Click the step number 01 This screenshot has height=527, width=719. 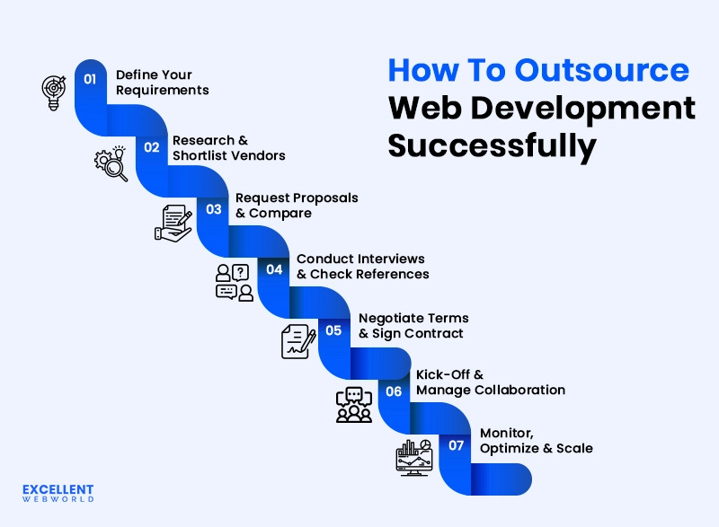90,79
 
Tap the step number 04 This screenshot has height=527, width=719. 274,269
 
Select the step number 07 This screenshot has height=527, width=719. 457,445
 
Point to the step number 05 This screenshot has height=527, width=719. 333,330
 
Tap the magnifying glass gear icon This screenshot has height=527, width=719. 111,163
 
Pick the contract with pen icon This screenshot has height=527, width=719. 298,341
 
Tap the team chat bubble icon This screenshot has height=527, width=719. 353,404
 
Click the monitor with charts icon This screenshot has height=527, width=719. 414,457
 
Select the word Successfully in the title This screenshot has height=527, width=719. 492,145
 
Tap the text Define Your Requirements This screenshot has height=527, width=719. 162,83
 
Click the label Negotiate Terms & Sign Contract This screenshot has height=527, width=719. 413,326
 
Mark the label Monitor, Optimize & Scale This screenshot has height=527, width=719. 536,440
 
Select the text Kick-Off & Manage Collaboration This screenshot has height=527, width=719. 490,382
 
